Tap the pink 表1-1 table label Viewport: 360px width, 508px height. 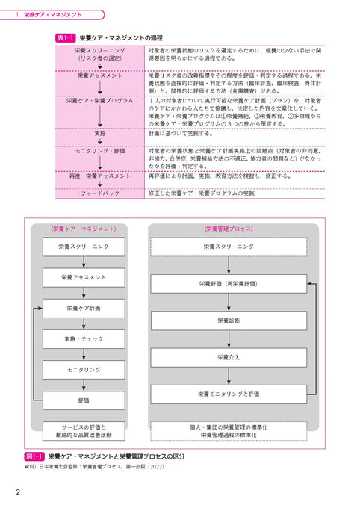point(66,37)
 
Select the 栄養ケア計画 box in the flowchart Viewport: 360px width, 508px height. point(84,308)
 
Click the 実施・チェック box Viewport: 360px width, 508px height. point(84,339)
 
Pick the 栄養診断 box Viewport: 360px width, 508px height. point(229,320)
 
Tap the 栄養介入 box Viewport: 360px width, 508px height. point(229,357)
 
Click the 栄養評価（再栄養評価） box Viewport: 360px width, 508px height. point(229,284)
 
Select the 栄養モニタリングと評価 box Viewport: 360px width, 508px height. point(229,394)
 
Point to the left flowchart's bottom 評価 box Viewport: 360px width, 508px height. point(84,400)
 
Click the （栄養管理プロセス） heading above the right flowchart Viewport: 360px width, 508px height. point(229,229)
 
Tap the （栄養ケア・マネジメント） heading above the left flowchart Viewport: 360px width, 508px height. point(84,229)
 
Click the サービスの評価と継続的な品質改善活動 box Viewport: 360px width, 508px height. point(84,432)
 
